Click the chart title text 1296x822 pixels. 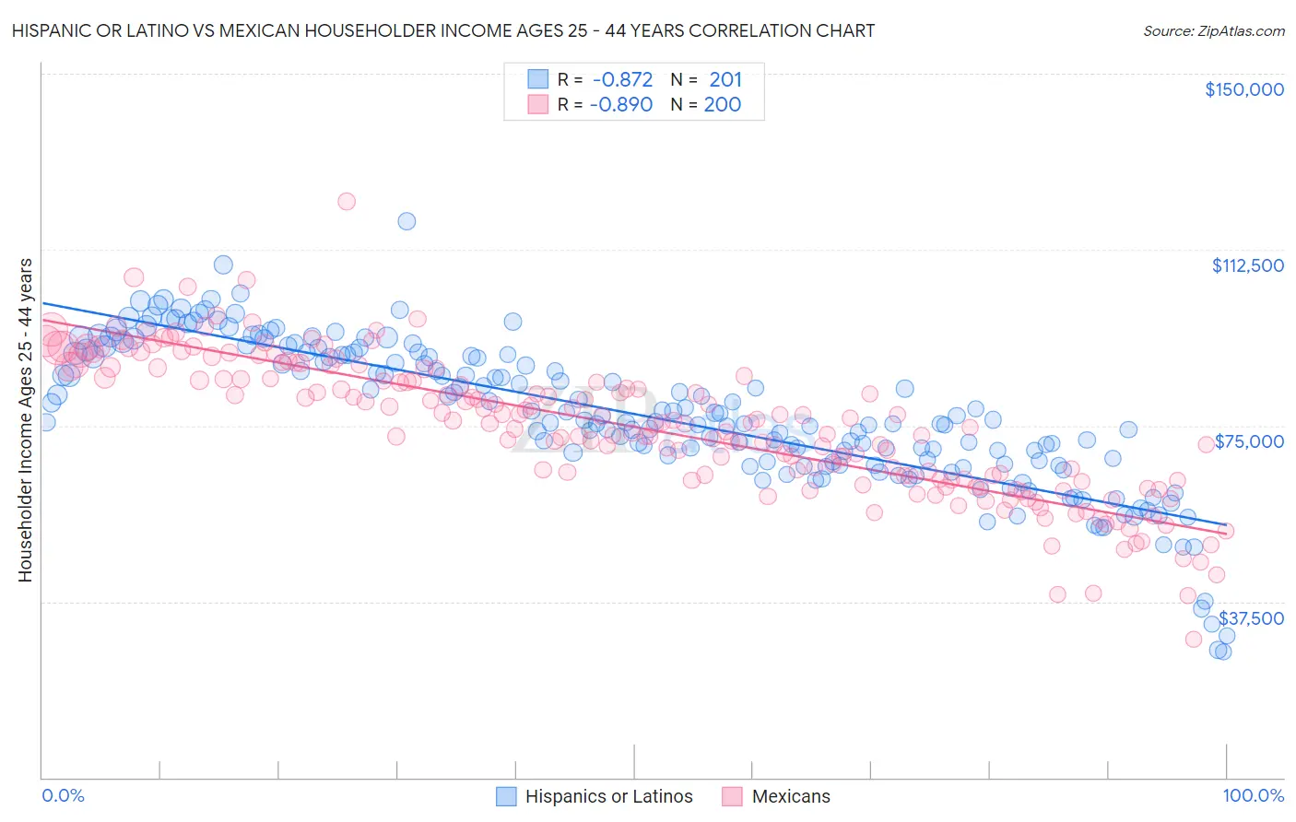[x=442, y=30]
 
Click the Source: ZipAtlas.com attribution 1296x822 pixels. [x=1213, y=30]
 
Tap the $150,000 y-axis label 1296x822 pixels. [x=1243, y=89]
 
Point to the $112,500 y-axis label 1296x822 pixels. [x=1247, y=265]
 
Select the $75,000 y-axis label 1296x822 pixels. [x=1249, y=441]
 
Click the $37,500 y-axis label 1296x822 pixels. [x=1251, y=618]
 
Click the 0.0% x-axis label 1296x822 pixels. [x=64, y=795]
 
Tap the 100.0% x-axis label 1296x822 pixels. [x=1253, y=795]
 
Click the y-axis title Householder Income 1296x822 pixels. [x=25, y=420]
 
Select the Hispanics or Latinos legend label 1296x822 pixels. [x=608, y=796]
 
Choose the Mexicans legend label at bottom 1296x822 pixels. [x=791, y=796]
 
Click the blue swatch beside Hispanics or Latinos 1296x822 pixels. [x=506, y=796]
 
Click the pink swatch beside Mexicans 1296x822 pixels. [x=733, y=796]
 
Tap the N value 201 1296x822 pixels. [x=725, y=80]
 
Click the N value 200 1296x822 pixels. [x=722, y=105]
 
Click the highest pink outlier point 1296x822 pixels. [x=347, y=201]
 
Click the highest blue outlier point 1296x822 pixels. [x=406, y=221]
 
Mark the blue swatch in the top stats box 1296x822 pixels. [x=537, y=80]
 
